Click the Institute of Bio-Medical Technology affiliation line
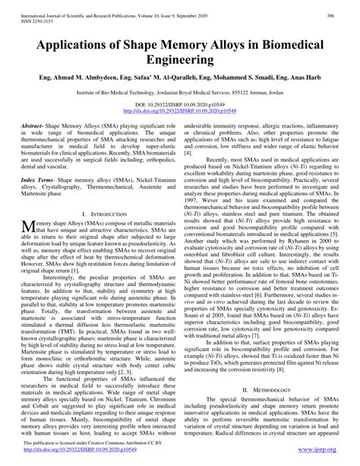point(180,90)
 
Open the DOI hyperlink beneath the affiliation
point(180,109)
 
